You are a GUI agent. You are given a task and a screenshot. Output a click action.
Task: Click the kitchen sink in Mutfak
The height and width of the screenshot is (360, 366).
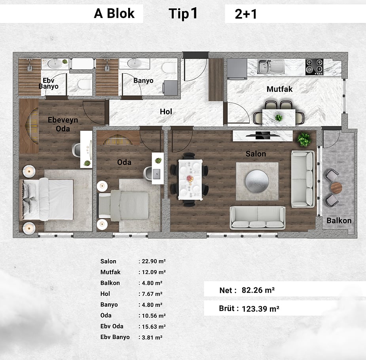[x=271, y=67]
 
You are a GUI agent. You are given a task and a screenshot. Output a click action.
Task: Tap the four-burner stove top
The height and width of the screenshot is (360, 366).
[x=315, y=67]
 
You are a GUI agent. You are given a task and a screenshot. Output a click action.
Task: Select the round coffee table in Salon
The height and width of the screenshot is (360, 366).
[x=257, y=181]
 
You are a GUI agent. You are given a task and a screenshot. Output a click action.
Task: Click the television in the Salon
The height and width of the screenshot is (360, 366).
[x=263, y=135]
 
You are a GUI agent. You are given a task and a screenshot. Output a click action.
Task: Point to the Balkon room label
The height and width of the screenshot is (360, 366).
[x=339, y=221]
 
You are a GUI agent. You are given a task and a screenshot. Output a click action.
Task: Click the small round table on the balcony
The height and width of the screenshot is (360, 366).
[x=336, y=188]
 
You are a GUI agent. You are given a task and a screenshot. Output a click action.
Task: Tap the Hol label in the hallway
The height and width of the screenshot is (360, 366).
[x=166, y=112]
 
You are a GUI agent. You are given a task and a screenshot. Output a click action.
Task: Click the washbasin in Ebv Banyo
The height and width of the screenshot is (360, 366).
[x=55, y=63]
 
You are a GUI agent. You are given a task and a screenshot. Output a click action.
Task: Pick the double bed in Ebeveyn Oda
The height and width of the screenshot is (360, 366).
[x=46, y=200]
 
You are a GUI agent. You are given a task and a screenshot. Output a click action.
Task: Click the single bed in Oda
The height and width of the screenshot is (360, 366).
[x=124, y=206]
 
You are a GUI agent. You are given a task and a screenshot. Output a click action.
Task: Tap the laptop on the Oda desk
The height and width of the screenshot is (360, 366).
[x=156, y=173]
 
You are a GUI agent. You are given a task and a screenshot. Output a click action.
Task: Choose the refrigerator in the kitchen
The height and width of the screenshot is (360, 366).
[x=237, y=69]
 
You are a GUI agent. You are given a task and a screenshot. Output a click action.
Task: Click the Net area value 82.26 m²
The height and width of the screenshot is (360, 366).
[x=258, y=290]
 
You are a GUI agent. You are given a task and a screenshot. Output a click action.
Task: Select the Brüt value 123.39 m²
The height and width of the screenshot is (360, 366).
[x=260, y=309]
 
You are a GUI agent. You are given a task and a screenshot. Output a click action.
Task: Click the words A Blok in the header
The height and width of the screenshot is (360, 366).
[x=114, y=13]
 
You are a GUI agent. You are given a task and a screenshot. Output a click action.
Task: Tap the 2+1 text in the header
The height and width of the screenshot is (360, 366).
[x=246, y=14]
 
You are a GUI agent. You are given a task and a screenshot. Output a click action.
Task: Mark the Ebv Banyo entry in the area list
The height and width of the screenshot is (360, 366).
[x=115, y=337]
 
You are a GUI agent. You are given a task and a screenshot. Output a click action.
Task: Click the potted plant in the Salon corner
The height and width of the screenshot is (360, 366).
[x=304, y=139]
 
